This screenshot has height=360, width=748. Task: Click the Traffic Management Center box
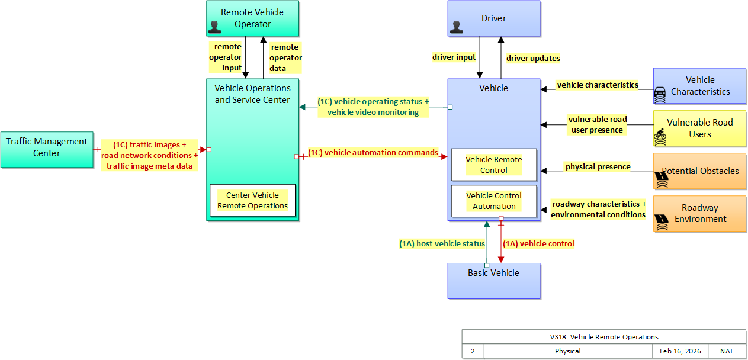click(x=47, y=149)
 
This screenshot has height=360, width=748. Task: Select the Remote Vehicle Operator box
click(x=253, y=18)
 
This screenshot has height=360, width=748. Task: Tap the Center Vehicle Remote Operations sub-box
click(x=252, y=200)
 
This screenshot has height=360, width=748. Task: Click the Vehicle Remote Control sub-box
click(x=494, y=165)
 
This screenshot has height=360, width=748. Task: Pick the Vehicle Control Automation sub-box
click(x=494, y=201)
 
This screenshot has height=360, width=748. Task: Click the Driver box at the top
click(x=493, y=18)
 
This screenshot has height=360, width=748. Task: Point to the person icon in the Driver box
click(x=456, y=27)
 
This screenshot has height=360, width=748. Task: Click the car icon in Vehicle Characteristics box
click(x=660, y=93)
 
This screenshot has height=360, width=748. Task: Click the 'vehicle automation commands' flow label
click(x=373, y=153)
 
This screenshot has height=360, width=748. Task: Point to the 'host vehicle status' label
click(x=442, y=243)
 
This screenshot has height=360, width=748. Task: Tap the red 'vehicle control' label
click(x=538, y=243)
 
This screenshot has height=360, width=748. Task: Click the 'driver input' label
click(x=454, y=57)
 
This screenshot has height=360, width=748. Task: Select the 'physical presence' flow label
click(x=598, y=167)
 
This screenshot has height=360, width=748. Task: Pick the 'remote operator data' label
click(x=285, y=57)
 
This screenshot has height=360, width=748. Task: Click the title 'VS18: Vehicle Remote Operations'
click(x=603, y=336)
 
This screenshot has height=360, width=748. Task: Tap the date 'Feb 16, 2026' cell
click(x=680, y=351)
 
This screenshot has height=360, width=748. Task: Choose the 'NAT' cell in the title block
click(x=727, y=351)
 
